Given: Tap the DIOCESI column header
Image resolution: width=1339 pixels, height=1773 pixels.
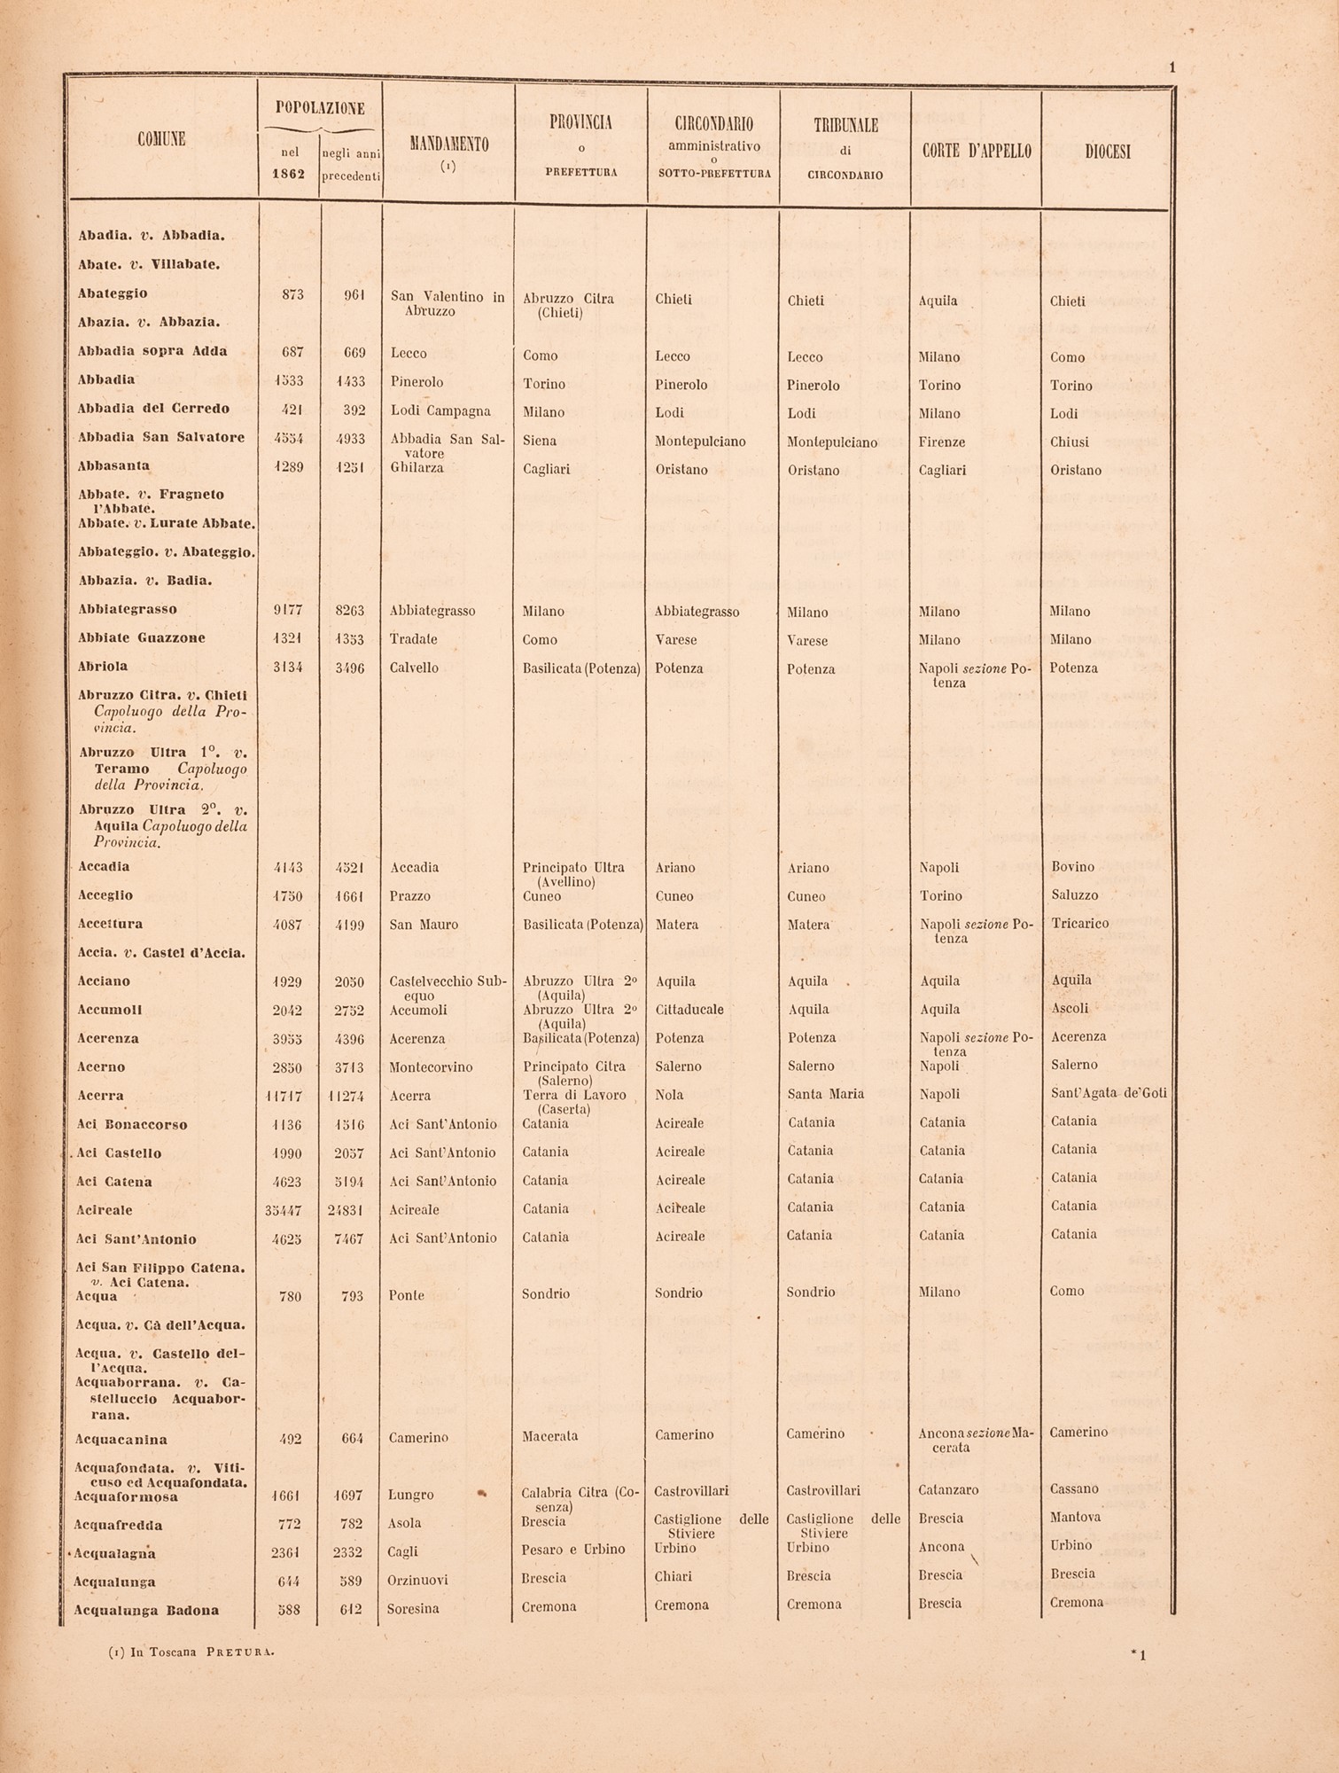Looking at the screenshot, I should pos(1108,152).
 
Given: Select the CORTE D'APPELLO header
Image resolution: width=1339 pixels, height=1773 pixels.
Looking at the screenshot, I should pos(977,152).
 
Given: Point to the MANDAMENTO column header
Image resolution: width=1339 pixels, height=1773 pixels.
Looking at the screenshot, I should pos(448,144).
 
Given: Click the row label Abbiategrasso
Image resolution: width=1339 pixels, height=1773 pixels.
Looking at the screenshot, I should pos(128,610).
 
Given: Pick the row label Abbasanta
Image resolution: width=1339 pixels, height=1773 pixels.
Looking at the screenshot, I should pos(113,466).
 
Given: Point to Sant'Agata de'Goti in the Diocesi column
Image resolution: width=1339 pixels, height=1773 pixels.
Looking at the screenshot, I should pos(1109,1094).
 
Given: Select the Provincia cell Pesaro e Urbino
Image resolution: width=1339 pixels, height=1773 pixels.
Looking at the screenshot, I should pos(573,1550).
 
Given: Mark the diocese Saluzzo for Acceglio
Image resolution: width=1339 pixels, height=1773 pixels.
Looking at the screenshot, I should pos(1074,896).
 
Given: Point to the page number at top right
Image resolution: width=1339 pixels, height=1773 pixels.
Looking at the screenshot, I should pos(1172,67).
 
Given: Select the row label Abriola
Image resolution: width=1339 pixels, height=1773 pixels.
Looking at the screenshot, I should pos(102,667).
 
